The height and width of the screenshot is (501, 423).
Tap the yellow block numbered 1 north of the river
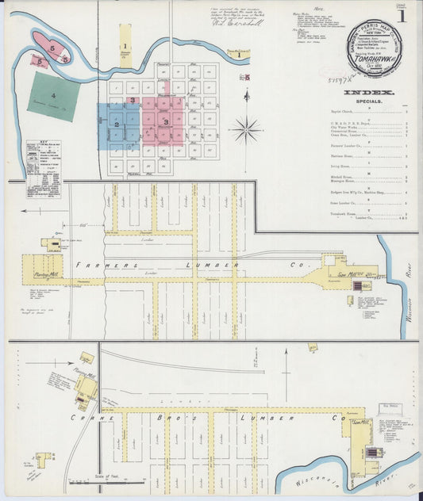pos(125,47)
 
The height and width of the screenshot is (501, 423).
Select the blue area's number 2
pos(116,124)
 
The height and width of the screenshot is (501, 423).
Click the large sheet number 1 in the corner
pos(402,13)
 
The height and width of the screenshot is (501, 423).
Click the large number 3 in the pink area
pos(166,121)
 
